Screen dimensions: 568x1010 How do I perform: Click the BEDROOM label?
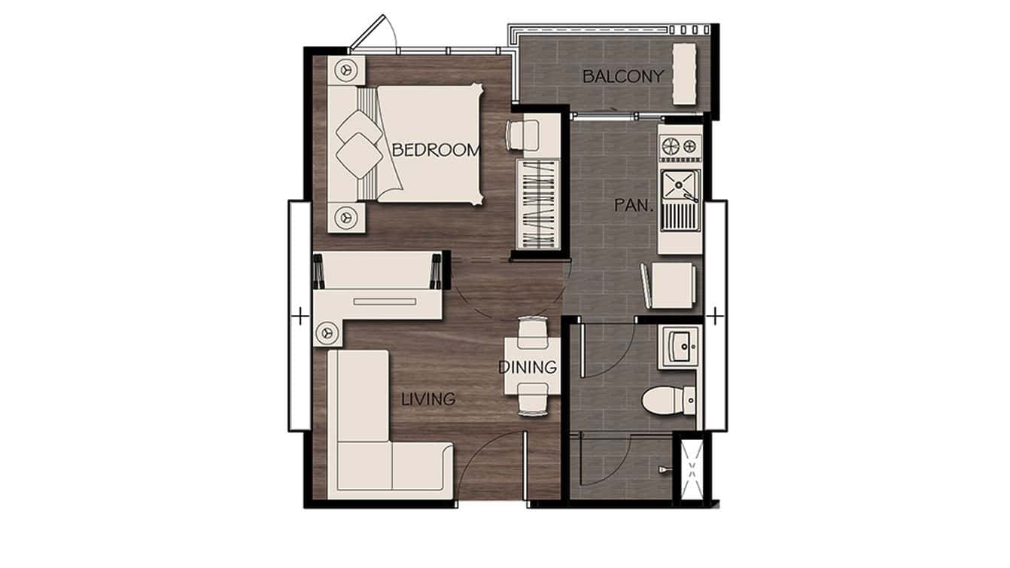pos(436,150)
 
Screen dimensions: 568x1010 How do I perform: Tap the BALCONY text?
pos(623,76)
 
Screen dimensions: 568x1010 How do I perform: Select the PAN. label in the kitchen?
pos(630,205)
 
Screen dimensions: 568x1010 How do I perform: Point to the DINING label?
pos(528,368)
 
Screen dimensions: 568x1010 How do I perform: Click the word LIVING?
pos(427,399)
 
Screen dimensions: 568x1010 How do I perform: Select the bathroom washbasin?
pos(682,347)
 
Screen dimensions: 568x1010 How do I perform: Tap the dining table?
pos(532,365)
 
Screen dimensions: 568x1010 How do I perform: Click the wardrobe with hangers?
pos(539,204)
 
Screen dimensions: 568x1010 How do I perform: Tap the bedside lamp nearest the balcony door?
pos(347,69)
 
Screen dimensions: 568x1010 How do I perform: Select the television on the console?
pos(385,301)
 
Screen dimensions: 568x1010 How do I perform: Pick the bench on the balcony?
pos(684,74)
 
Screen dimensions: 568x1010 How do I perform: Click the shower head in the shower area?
pos(663,469)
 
